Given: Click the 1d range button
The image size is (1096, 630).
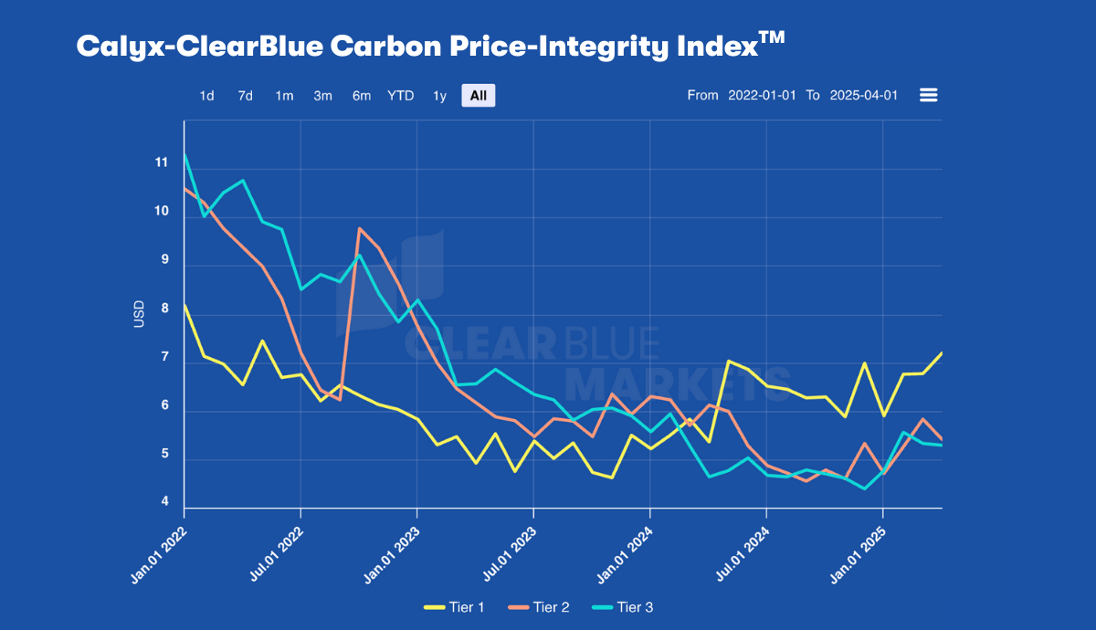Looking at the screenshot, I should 207,96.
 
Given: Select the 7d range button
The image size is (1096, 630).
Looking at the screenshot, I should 246,96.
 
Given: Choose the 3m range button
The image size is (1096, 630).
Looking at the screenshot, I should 322,96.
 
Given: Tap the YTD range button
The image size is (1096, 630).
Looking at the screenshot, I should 400,96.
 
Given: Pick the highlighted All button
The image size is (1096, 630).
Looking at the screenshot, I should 479,96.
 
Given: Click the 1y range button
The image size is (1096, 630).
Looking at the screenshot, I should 439,96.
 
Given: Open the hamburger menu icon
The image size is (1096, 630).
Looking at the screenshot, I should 929,95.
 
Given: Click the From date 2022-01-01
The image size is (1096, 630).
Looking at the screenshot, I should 762,96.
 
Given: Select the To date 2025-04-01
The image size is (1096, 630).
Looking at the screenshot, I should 864,96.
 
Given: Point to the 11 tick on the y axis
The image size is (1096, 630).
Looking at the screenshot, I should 162,163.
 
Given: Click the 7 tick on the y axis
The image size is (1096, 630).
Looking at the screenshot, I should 164,357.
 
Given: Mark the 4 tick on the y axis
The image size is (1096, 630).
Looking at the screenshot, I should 164,502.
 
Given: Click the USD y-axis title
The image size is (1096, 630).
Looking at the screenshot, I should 140,314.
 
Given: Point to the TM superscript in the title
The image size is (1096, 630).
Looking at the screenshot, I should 773,37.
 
